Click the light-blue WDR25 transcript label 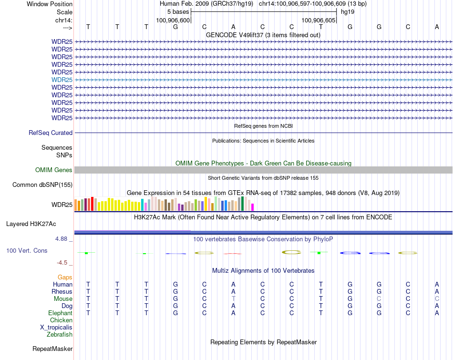[x=62, y=80]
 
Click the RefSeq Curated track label [x=51, y=133]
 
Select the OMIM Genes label [x=54, y=170]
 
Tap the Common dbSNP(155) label [x=42, y=185]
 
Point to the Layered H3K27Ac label [x=31, y=224]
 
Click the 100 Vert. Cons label [x=27, y=250]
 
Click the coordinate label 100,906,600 [x=174, y=20]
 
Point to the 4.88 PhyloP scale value [x=64, y=238]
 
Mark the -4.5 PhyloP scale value [x=64, y=263]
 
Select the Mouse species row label [x=63, y=299]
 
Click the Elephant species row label [x=60, y=313]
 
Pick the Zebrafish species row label [x=60, y=335]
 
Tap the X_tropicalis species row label [x=56, y=328]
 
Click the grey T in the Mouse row [x=234, y=299]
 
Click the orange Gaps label [x=65, y=278]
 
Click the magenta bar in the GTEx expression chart [x=253, y=207]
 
